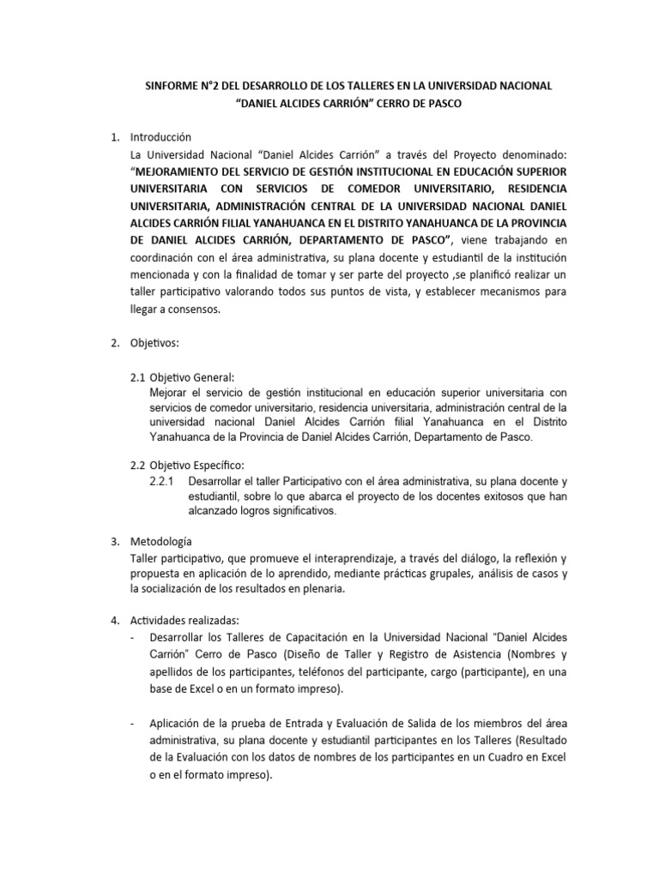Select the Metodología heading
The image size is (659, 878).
161,542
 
